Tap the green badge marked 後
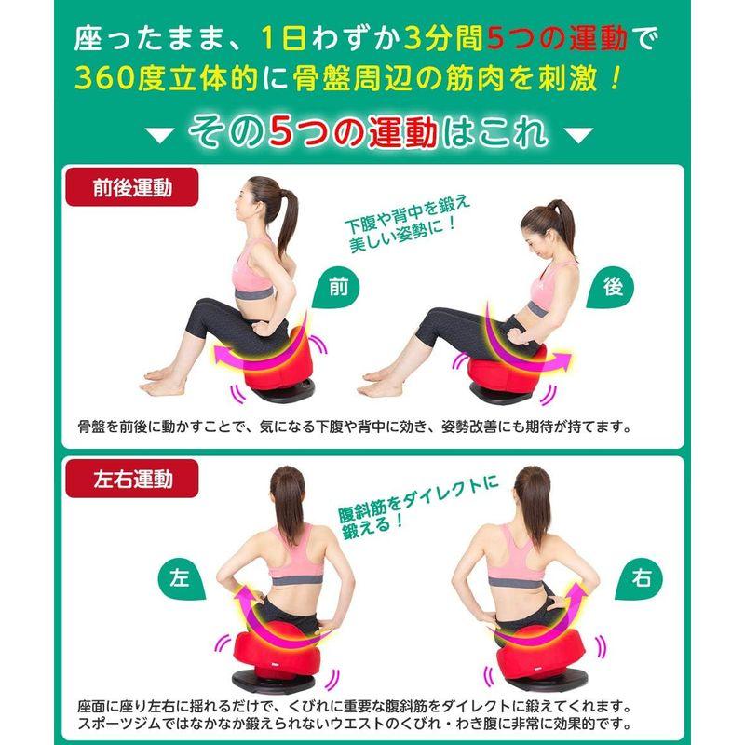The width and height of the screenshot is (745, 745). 612,288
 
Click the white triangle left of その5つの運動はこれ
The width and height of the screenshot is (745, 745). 161,136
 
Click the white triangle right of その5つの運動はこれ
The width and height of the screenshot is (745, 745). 579,136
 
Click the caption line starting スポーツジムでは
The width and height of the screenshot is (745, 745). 354,723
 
